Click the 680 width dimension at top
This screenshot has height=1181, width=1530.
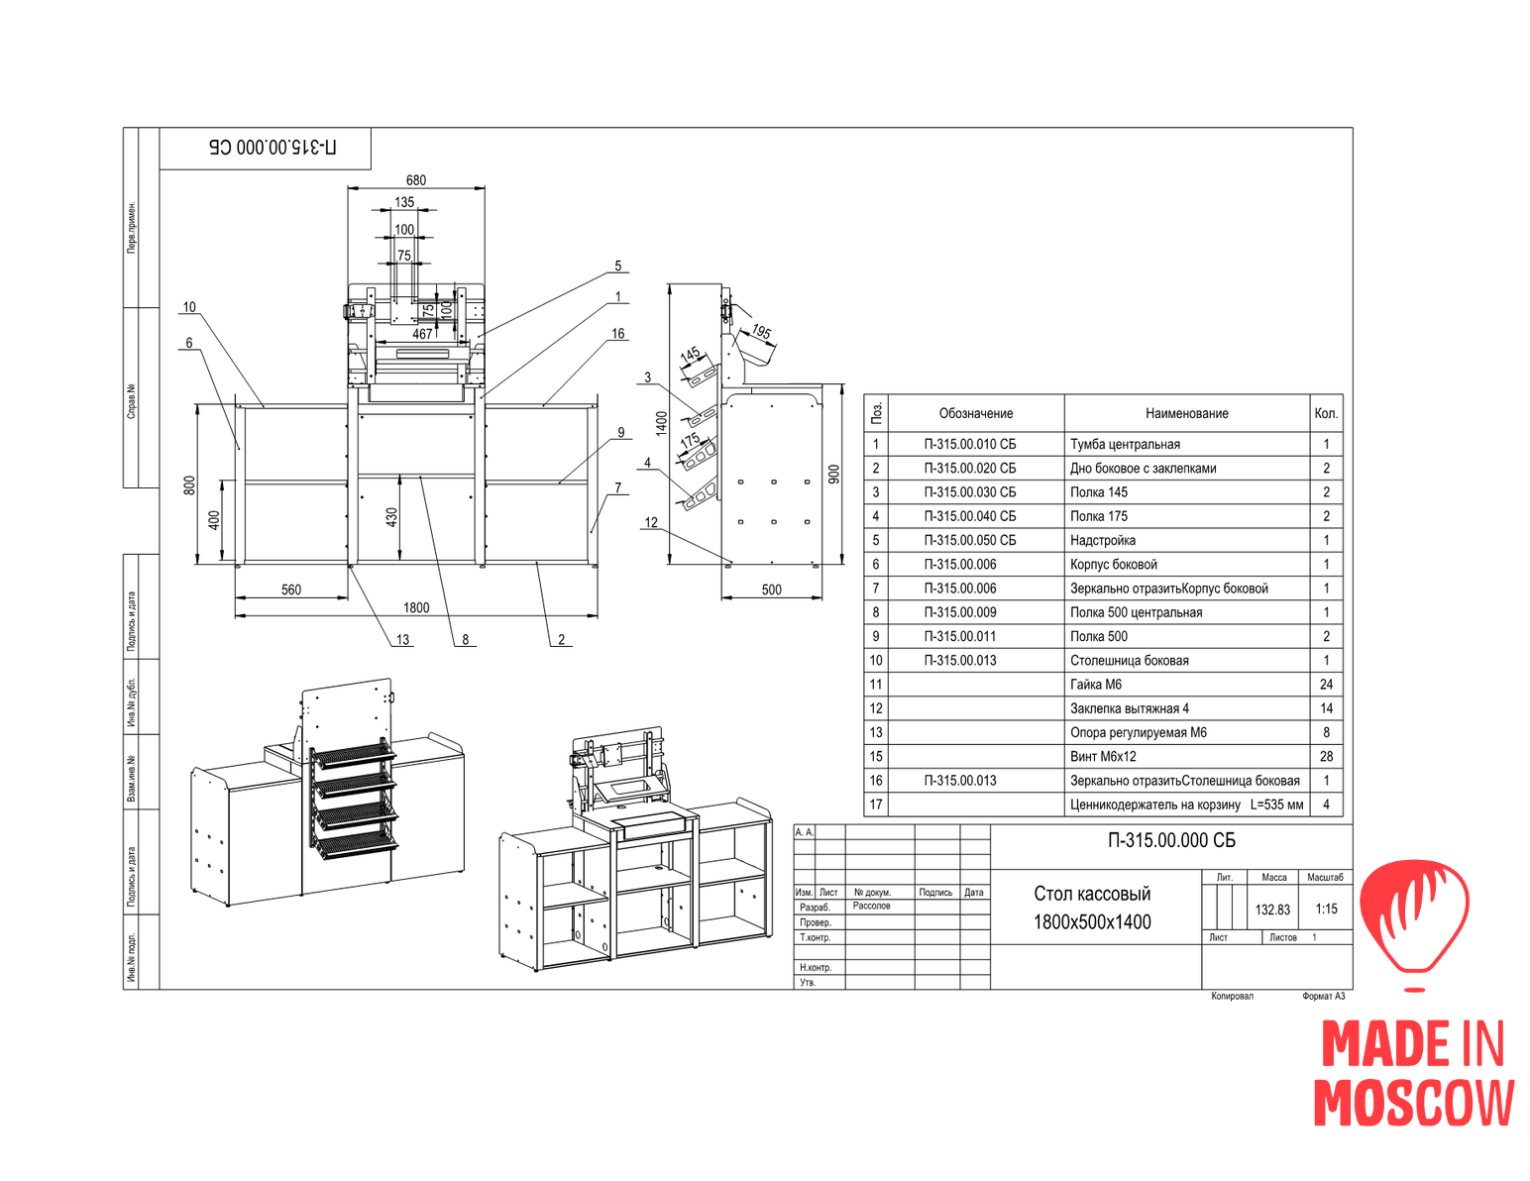[416, 180]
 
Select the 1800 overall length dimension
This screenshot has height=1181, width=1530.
[416, 607]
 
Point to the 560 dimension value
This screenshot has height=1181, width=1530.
[291, 590]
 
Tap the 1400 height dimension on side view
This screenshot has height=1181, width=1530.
[662, 424]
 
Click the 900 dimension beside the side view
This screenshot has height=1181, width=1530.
[834, 474]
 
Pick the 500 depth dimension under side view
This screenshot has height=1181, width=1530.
[772, 590]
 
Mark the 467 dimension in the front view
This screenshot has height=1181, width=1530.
[423, 334]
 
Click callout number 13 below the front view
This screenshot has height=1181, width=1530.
[403, 640]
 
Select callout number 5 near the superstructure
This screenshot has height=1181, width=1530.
[618, 266]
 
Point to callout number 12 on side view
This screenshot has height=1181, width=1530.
[651, 522]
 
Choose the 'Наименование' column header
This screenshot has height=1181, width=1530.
[1186, 413]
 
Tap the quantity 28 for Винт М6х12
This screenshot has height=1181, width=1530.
[1326, 756]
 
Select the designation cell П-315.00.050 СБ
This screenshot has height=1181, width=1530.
[969, 540]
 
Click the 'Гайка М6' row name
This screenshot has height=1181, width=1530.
[1096, 684]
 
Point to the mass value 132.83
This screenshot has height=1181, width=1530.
[1272, 910]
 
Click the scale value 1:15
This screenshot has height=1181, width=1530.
[1326, 909]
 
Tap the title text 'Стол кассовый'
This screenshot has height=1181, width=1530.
[1092, 894]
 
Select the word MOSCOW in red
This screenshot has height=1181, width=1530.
[1414, 1102]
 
